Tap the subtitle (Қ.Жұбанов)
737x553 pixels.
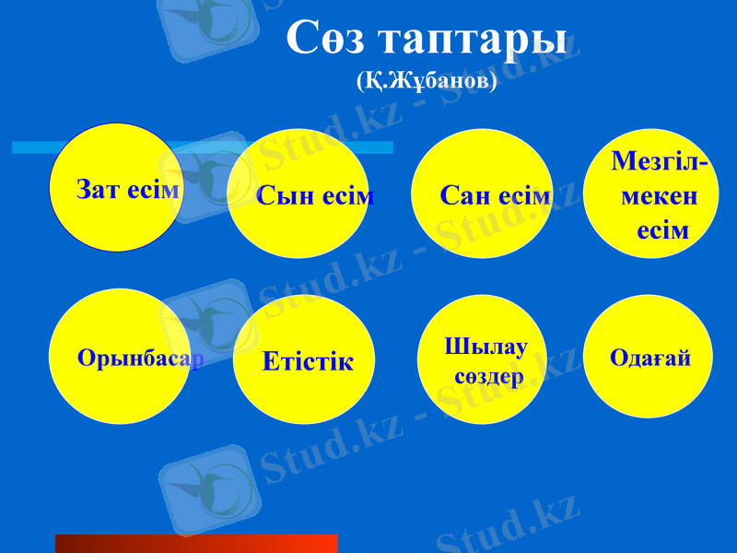click(x=427, y=81)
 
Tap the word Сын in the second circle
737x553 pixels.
click(x=278, y=195)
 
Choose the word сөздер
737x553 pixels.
click(x=488, y=376)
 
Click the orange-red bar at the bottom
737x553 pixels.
click(x=196, y=543)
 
